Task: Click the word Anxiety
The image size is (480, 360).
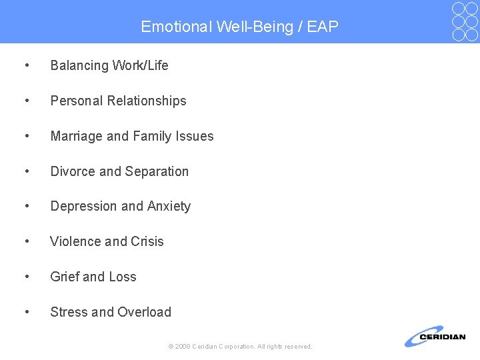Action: click(169, 207)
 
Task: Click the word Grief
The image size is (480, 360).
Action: click(65, 277)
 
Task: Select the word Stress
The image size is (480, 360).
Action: click(69, 312)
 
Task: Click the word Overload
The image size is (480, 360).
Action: click(145, 312)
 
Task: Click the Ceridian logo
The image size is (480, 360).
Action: click(434, 337)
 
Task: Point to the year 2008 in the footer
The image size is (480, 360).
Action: click(183, 347)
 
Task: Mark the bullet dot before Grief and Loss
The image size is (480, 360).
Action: click(25, 277)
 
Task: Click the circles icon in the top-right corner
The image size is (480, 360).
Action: click(465, 21)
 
